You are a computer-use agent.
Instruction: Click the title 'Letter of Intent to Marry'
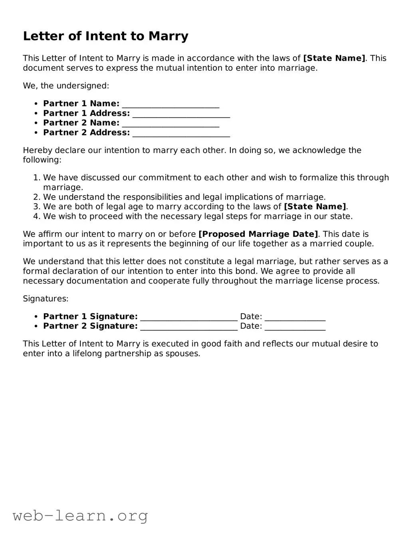point(105,36)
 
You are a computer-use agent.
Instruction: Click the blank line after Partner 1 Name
point(170,105)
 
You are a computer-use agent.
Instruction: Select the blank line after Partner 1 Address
point(181,114)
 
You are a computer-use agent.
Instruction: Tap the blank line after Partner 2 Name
point(170,124)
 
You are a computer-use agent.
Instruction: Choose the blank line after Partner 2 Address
point(181,133)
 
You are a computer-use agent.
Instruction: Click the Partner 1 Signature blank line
point(189,318)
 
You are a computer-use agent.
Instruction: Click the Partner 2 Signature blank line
point(189,327)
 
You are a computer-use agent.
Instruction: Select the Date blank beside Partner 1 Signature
point(295,318)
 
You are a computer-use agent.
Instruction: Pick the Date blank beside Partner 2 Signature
point(295,327)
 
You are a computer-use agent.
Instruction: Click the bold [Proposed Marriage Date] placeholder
point(258,234)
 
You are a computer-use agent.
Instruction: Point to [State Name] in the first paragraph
point(334,58)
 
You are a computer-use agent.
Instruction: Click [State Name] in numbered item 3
point(315,207)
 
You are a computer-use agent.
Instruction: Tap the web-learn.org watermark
point(80,516)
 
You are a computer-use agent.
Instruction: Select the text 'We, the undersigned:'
point(66,86)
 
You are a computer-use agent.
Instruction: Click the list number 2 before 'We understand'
point(36,197)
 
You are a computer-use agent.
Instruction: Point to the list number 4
point(36,216)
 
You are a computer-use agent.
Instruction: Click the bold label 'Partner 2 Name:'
point(81,123)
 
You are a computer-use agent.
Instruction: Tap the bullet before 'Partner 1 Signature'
point(36,317)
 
